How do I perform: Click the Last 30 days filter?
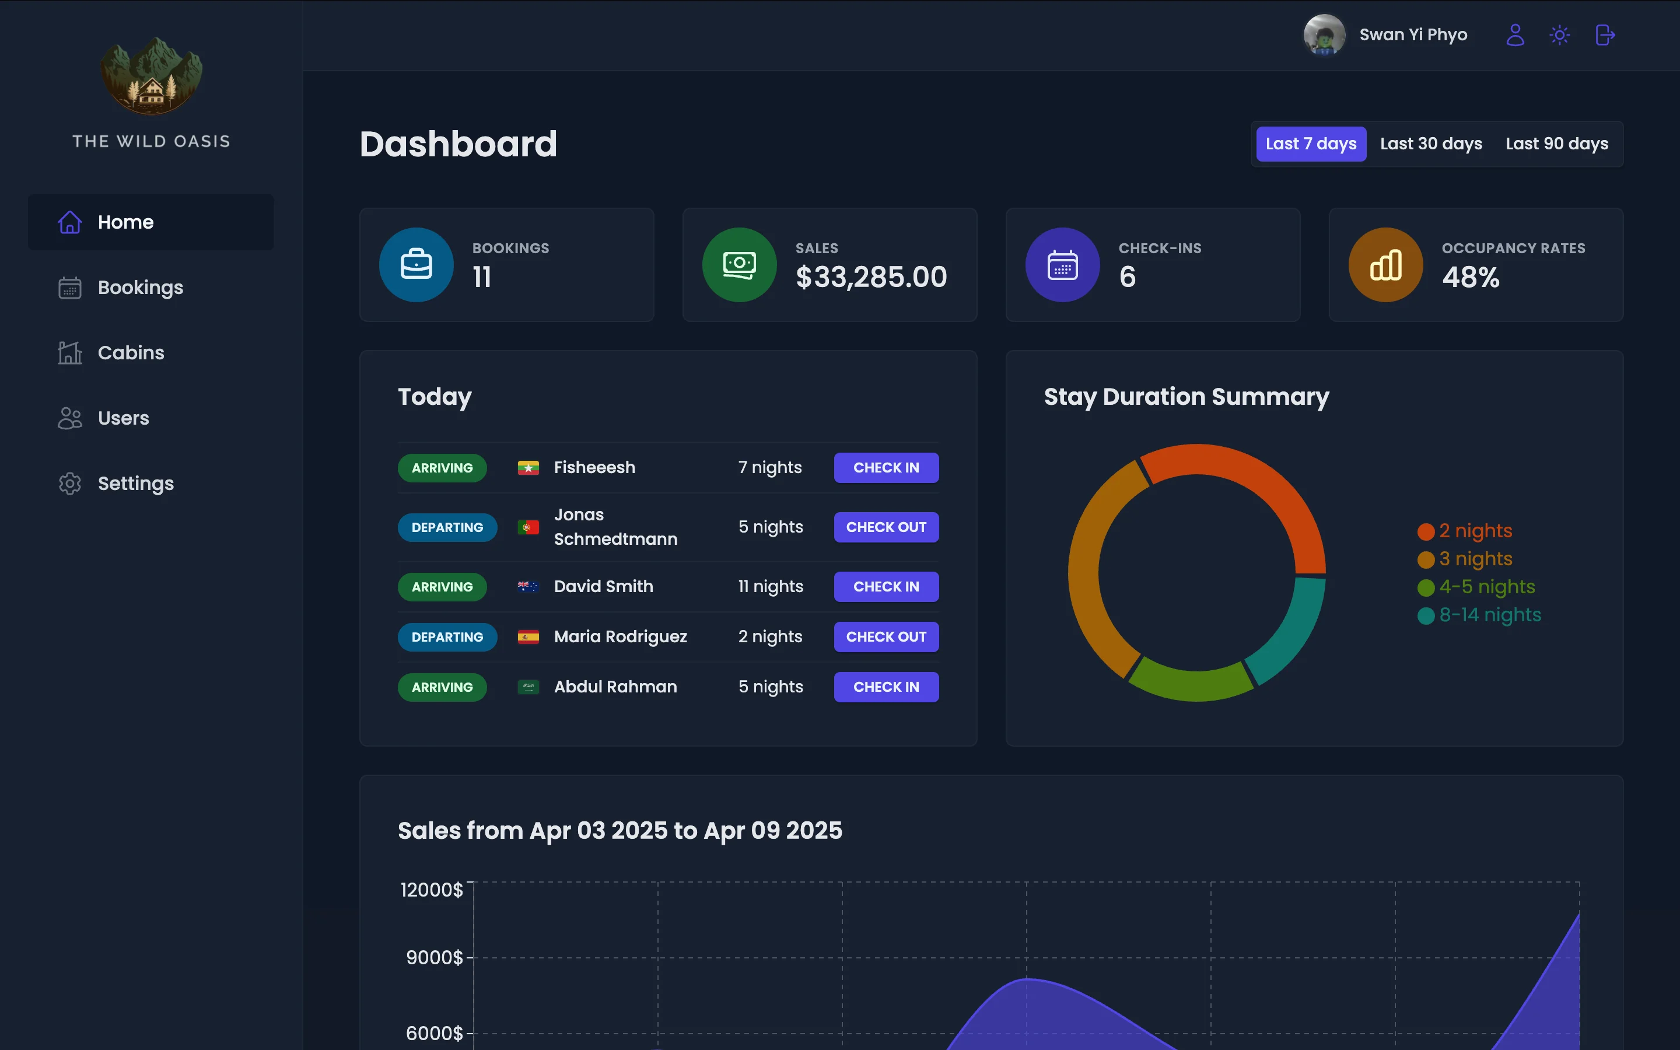[x=1431, y=143]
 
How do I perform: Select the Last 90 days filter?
[x=1556, y=143]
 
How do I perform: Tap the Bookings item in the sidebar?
[x=140, y=288]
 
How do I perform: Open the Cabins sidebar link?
[x=131, y=353]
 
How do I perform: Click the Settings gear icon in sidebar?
[x=69, y=484]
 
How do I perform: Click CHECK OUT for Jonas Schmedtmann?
[x=886, y=527]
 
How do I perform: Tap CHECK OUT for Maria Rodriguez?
[x=886, y=637]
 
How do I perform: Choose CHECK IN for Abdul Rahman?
[x=886, y=687]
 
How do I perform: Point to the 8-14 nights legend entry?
[x=1489, y=615]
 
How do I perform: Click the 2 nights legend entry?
[x=1475, y=531]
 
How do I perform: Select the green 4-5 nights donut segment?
[x=1191, y=684]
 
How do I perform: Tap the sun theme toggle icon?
[x=1559, y=35]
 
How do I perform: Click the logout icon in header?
[x=1605, y=35]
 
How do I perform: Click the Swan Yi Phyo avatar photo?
[x=1324, y=35]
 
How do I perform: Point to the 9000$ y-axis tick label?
[x=434, y=958]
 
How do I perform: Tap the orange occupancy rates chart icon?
[x=1385, y=265]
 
